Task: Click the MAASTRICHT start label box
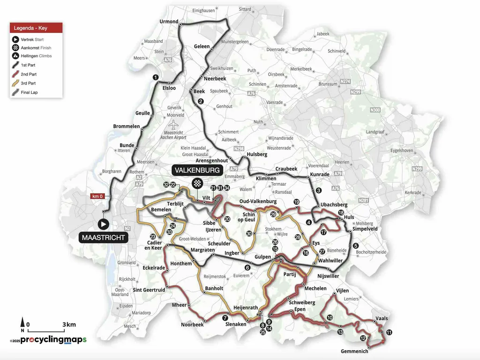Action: pos(103,238)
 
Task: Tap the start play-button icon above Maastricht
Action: pos(103,225)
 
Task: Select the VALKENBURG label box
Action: pos(197,170)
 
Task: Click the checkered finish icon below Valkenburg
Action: pos(198,183)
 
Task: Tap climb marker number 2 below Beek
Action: pos(201,101)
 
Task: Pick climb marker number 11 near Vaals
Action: pos(389,332)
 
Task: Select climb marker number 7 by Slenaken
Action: pos(225,318)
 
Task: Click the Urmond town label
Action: pos(169,22)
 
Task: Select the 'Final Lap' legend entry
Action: pos(29,92)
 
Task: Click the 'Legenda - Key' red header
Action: pos(36,28)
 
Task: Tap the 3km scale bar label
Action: pos(69,324)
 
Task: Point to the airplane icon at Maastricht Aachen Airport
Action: pos(174,126)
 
